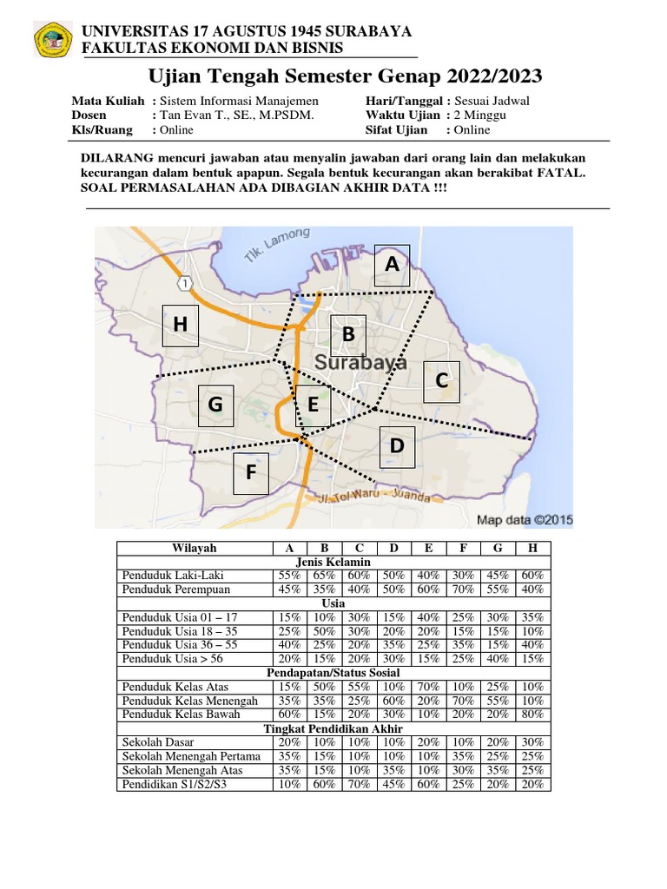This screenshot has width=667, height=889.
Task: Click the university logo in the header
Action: pyautogui.click(x=53, y=39)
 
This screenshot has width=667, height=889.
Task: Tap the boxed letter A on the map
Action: pyautogui.click(x=392, y=264)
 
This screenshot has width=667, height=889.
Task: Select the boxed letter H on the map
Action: pyautogui.click(x=180, y=325)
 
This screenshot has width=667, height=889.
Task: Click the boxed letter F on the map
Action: pyautogui.click(x=251, y=473)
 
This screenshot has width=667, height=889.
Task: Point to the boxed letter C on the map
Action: pyautogui.click(x=441, y=381)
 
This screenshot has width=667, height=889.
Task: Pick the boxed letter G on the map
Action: pyautogui.click(x=215, y=405)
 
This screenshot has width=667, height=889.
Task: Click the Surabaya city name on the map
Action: pyautogui.click(x=360, y=363)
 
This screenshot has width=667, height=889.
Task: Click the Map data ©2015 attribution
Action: pyautogui.click(x=523, y=520)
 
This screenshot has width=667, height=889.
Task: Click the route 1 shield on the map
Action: pyautogui.click(x=184, y=284)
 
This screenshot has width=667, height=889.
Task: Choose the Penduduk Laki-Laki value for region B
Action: pyautogui.click(x=324, y=576)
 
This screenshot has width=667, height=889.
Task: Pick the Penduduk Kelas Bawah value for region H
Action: pyautogui.click(x=532, y=714)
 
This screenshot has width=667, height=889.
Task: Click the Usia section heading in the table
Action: pyautogui.click(x=333, y=603)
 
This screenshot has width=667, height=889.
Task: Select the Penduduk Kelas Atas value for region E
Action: pyautogui.click(x=427, y=687)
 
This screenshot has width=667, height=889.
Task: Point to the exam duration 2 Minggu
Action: pyautogui.click(x=480, y=115)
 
